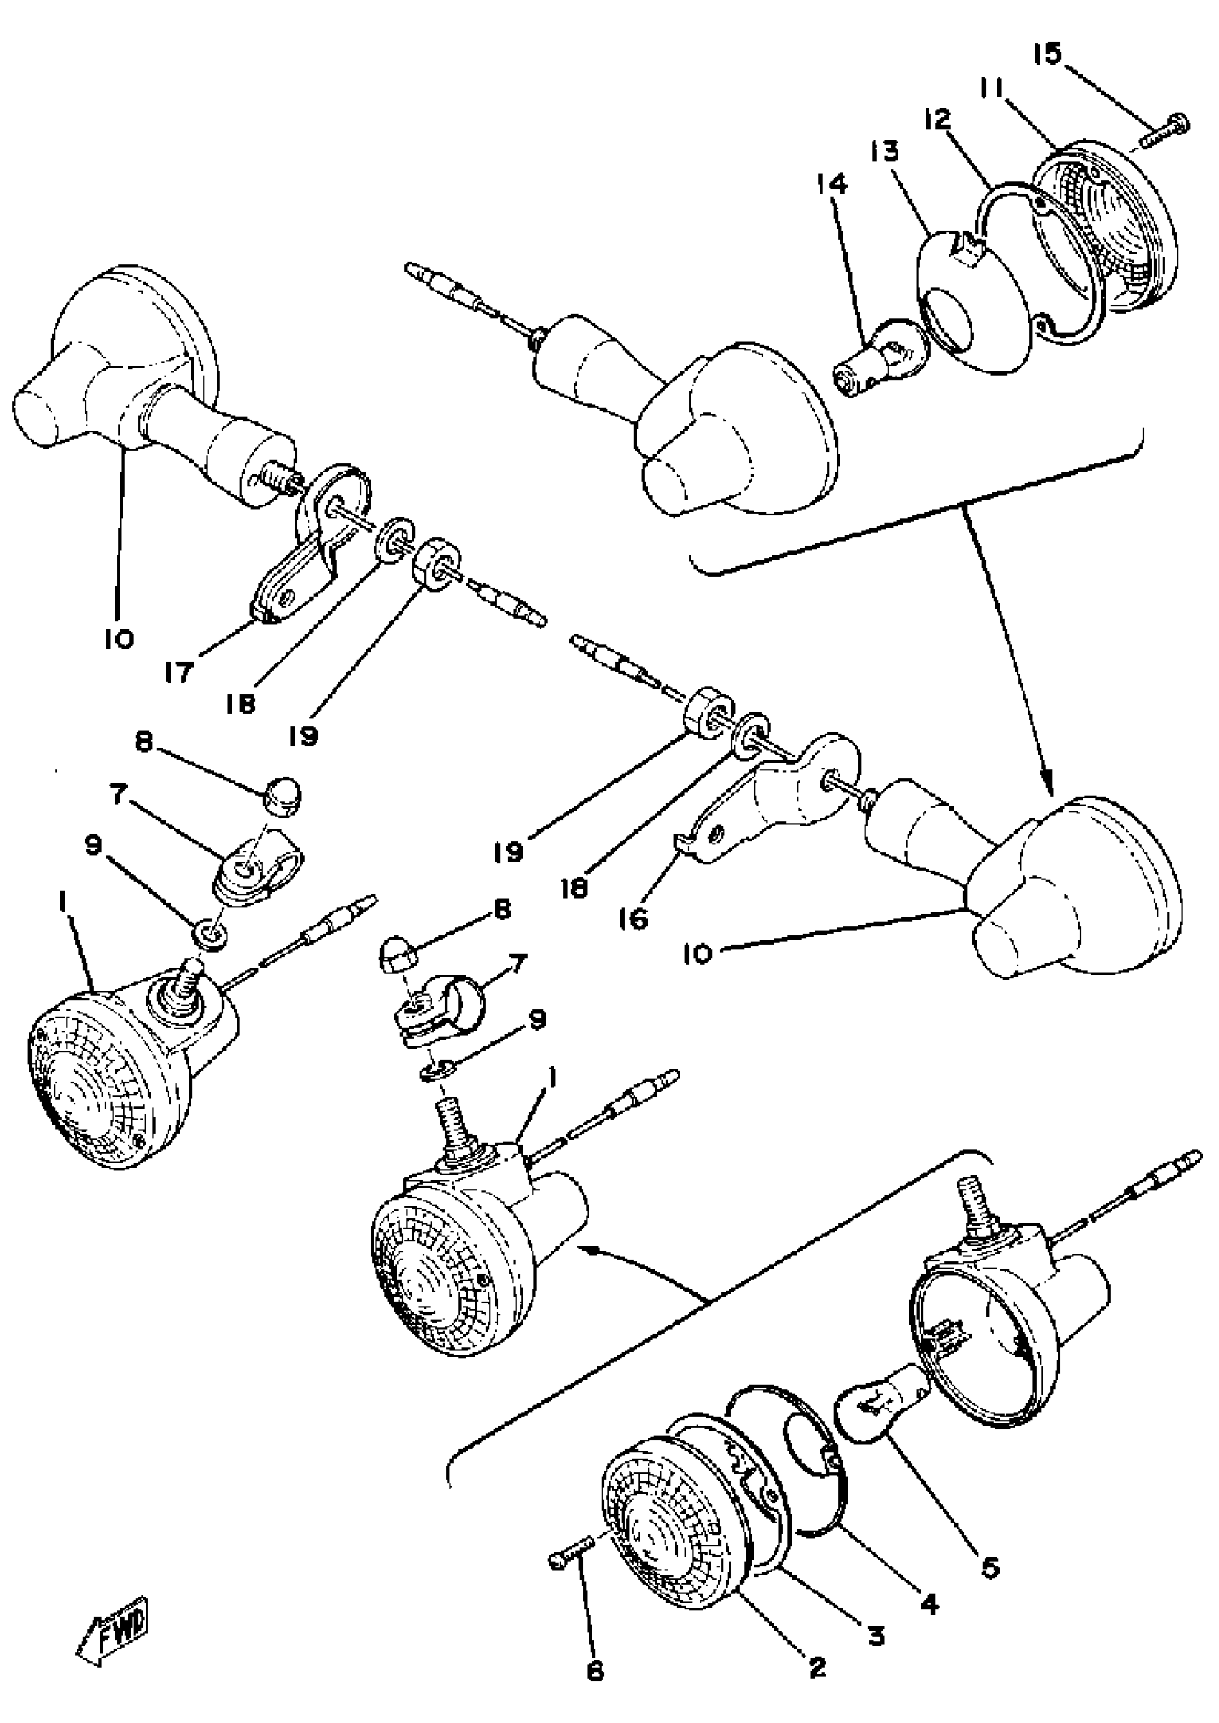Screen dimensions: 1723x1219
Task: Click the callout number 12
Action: [x=938, y=120]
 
